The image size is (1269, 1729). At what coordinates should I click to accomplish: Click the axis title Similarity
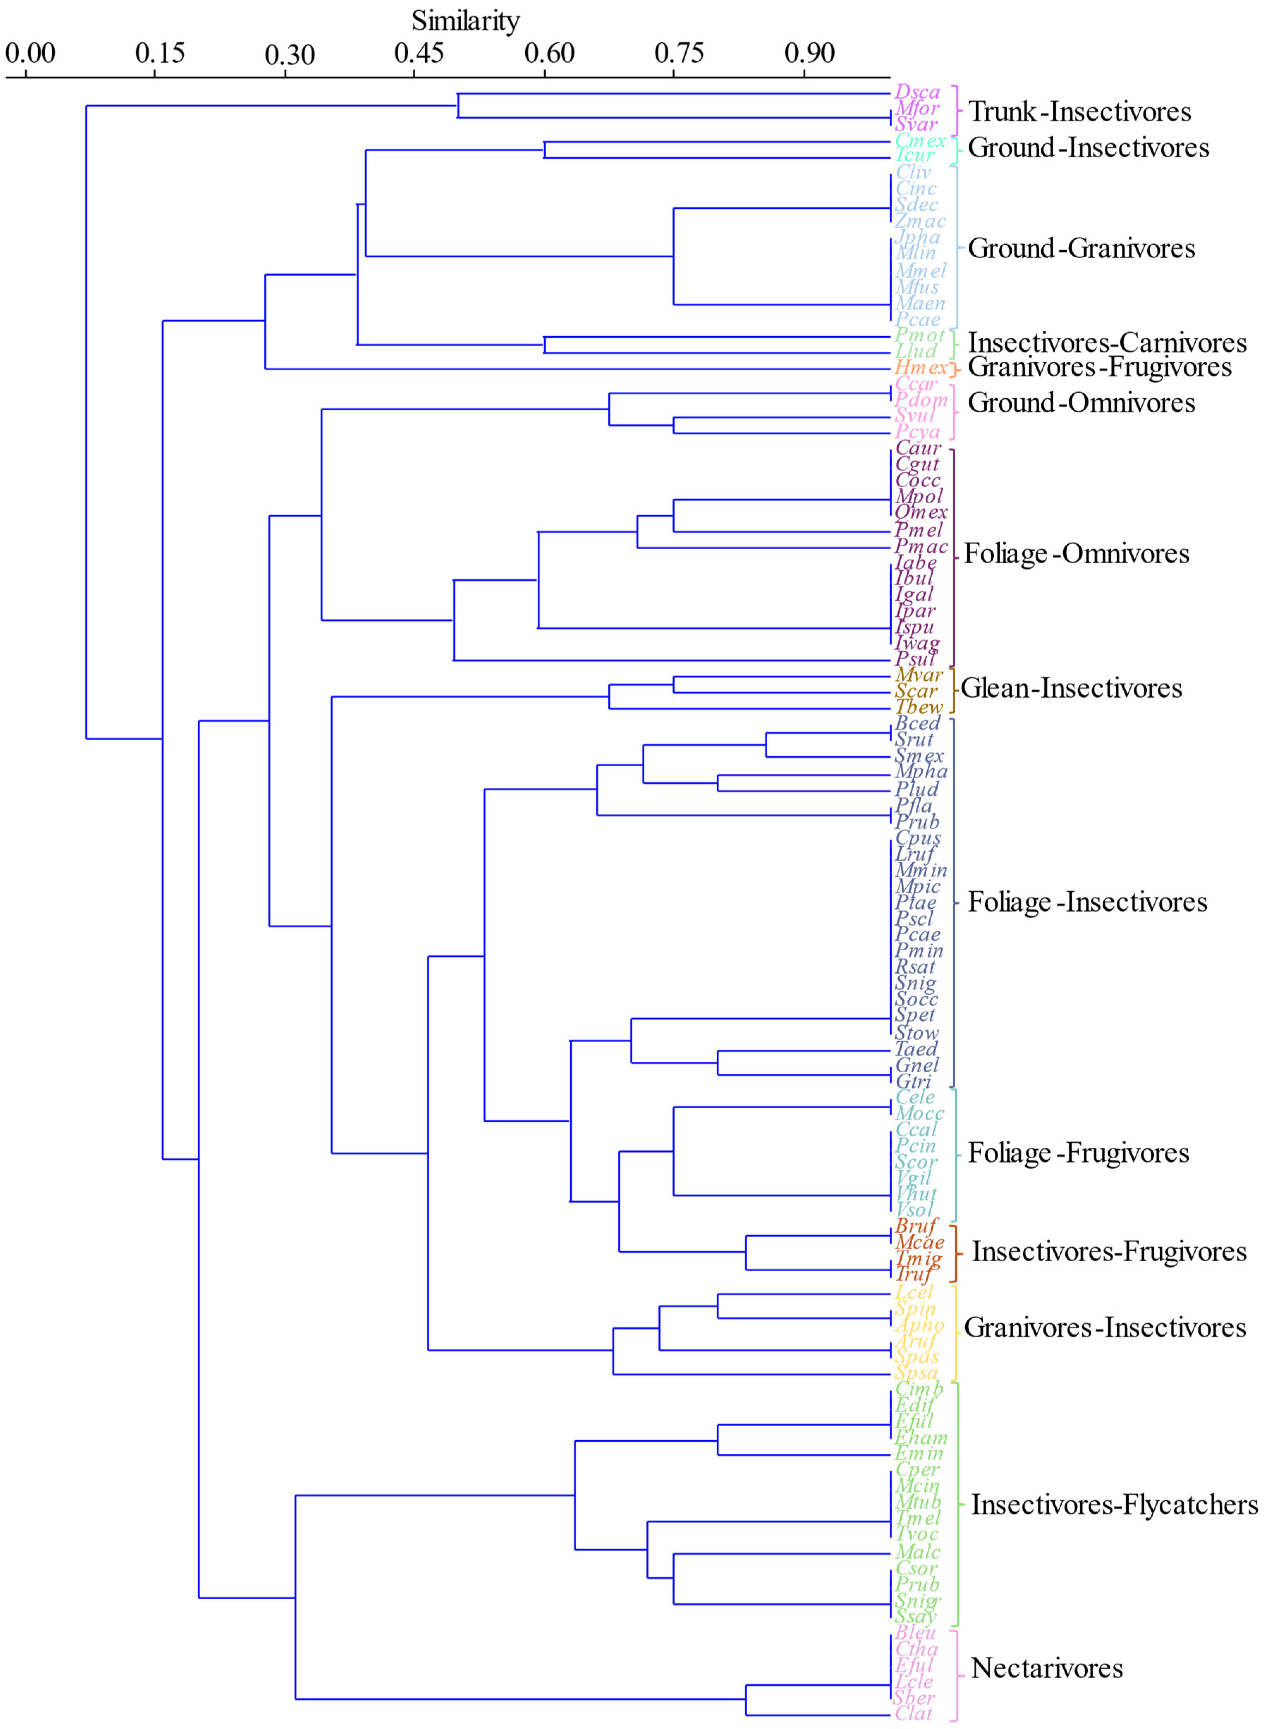[x=466, y=21]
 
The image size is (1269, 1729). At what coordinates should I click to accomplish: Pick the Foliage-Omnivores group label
[x=1076, y=553]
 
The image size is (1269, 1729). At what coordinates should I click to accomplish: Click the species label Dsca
[x=917, y=92]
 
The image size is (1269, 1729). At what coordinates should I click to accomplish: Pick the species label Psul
[x=915, y=659]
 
